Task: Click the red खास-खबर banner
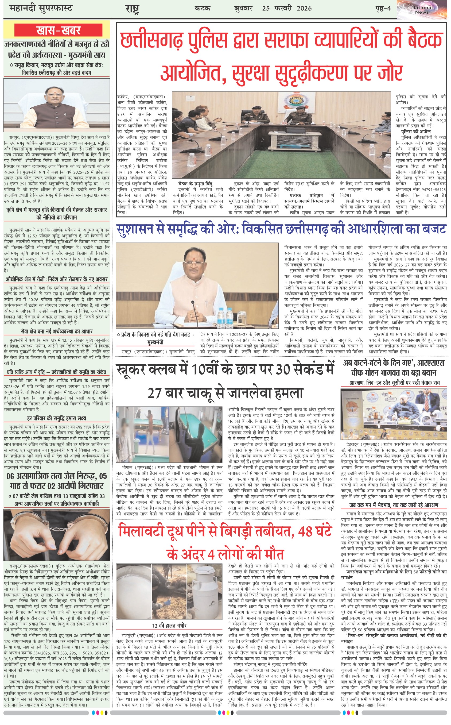[x=59, y=30]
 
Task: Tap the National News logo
[x=422, y=10]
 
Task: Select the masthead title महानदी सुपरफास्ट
[x=41, y=8]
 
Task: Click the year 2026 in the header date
[x=304, y=8]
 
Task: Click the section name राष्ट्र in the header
[x=132, y=9]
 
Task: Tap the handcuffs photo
[x=57, y=535]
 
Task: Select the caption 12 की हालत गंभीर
[x=169, y=626]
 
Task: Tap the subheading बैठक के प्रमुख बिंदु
[x=195, y=183]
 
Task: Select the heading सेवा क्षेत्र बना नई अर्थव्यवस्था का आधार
[x=57, y=331]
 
